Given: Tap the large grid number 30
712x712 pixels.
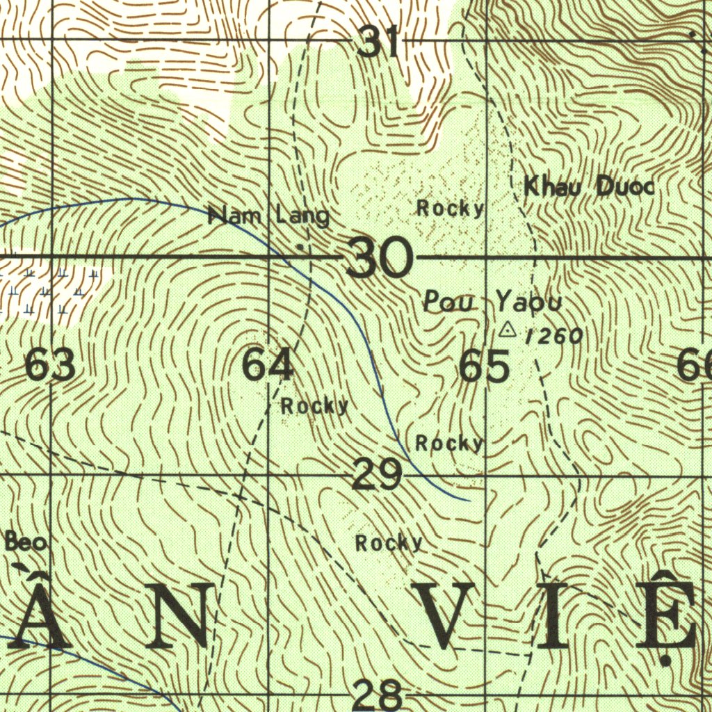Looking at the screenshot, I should pos(380,257).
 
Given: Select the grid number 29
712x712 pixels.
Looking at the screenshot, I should pos(377,476).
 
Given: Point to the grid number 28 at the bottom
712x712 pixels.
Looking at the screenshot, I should pos(378,695).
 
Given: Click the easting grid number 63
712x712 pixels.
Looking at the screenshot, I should pos(50,366).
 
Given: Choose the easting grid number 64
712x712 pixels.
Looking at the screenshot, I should pos(268,366).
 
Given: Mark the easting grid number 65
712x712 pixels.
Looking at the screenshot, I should pos(485,366).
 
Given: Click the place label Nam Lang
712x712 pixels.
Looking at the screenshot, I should pos(269,216).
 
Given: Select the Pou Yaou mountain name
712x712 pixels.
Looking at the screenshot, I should pos(492,302).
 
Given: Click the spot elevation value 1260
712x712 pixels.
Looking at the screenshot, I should pos(554,337).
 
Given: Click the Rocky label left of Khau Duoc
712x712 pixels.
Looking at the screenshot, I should pos(450,208).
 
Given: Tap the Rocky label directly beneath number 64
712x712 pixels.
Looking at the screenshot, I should pos(314,406).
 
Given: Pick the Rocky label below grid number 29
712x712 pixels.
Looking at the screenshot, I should pos(389,543).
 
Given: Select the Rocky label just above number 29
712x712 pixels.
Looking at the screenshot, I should pos(449,443).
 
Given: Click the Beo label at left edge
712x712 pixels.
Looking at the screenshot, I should pos(26,541).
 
